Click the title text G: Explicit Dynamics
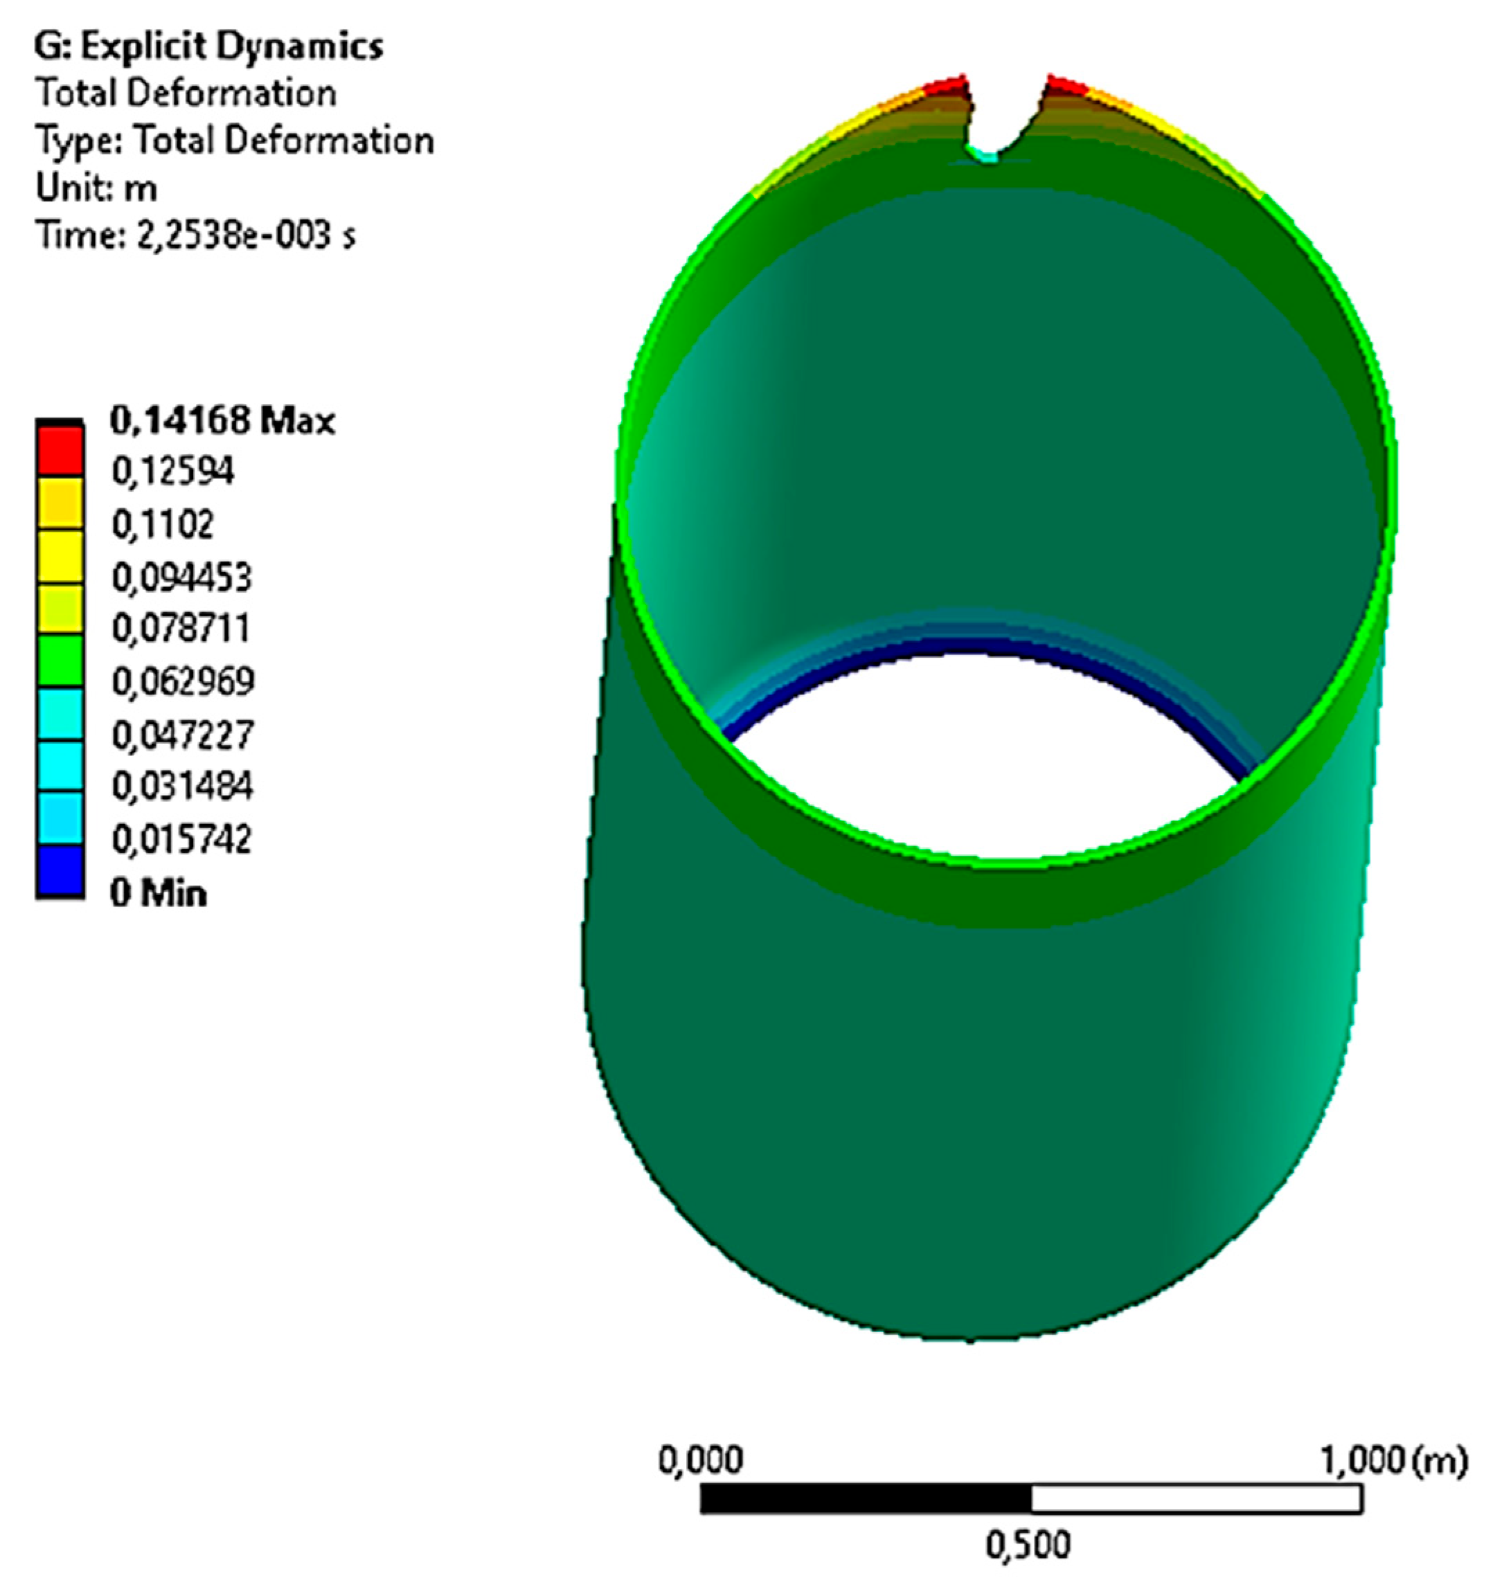[x=208, y=46]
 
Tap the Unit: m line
[x=96, y=188]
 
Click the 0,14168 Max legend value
[x=222, y=420]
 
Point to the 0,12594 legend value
[x=172, y=472]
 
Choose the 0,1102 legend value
[x=162, y=524]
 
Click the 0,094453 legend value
[x=181, y=577]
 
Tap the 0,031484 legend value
[x=182, y=787]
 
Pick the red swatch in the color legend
[x=59, y=451]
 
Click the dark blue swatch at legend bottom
[x=59, y=870]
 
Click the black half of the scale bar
[x=865, y=1499]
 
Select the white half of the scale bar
[x=1196, y=1499]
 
